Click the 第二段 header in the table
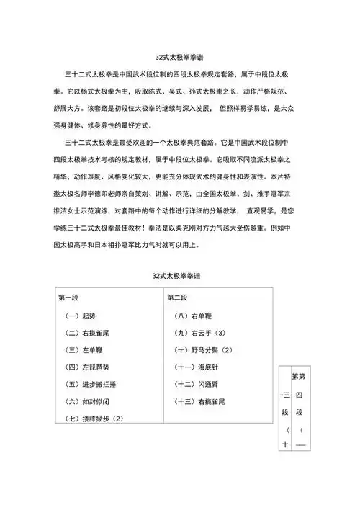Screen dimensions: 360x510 [x=177, y=297]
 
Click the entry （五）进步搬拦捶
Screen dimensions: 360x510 [x=94, y=384]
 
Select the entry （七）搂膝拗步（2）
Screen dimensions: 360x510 [x=96, y=419]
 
